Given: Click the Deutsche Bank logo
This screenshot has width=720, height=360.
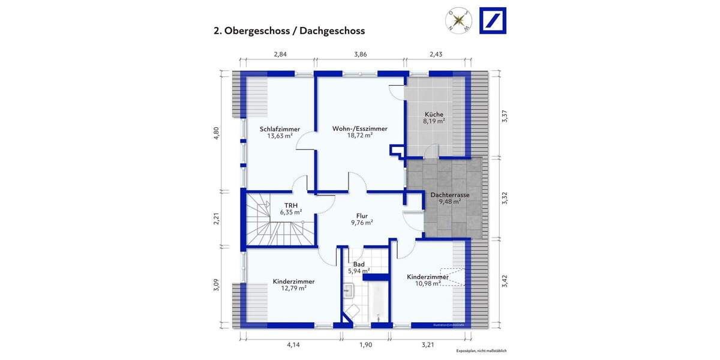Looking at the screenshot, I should point(493,20).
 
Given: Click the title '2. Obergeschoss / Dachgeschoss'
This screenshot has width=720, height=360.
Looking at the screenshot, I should point(289,31).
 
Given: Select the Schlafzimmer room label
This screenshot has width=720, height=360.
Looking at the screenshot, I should point(280,128).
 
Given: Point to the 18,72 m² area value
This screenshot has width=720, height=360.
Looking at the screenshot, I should point(360,136).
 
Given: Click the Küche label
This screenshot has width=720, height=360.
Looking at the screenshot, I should point(434,114).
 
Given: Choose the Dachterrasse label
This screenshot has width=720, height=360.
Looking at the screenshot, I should point(449,195).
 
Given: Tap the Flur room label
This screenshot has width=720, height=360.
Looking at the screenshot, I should point(361,216).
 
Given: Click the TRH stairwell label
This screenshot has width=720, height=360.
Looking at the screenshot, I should point(290,205).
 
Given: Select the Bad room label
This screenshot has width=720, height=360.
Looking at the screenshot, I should point(359,264).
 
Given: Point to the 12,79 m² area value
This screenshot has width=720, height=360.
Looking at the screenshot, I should point(294,288).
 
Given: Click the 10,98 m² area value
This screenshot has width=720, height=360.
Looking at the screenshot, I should point(428,283).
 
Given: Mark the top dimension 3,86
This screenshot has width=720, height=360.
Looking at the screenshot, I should point(360,55).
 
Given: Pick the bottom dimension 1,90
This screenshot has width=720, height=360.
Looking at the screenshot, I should point(365,344).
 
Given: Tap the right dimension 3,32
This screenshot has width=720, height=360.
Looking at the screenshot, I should point(505,198).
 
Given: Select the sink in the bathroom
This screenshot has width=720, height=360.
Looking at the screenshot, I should point(349,292).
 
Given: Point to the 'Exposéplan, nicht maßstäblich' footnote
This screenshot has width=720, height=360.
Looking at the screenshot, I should point(481,350).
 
